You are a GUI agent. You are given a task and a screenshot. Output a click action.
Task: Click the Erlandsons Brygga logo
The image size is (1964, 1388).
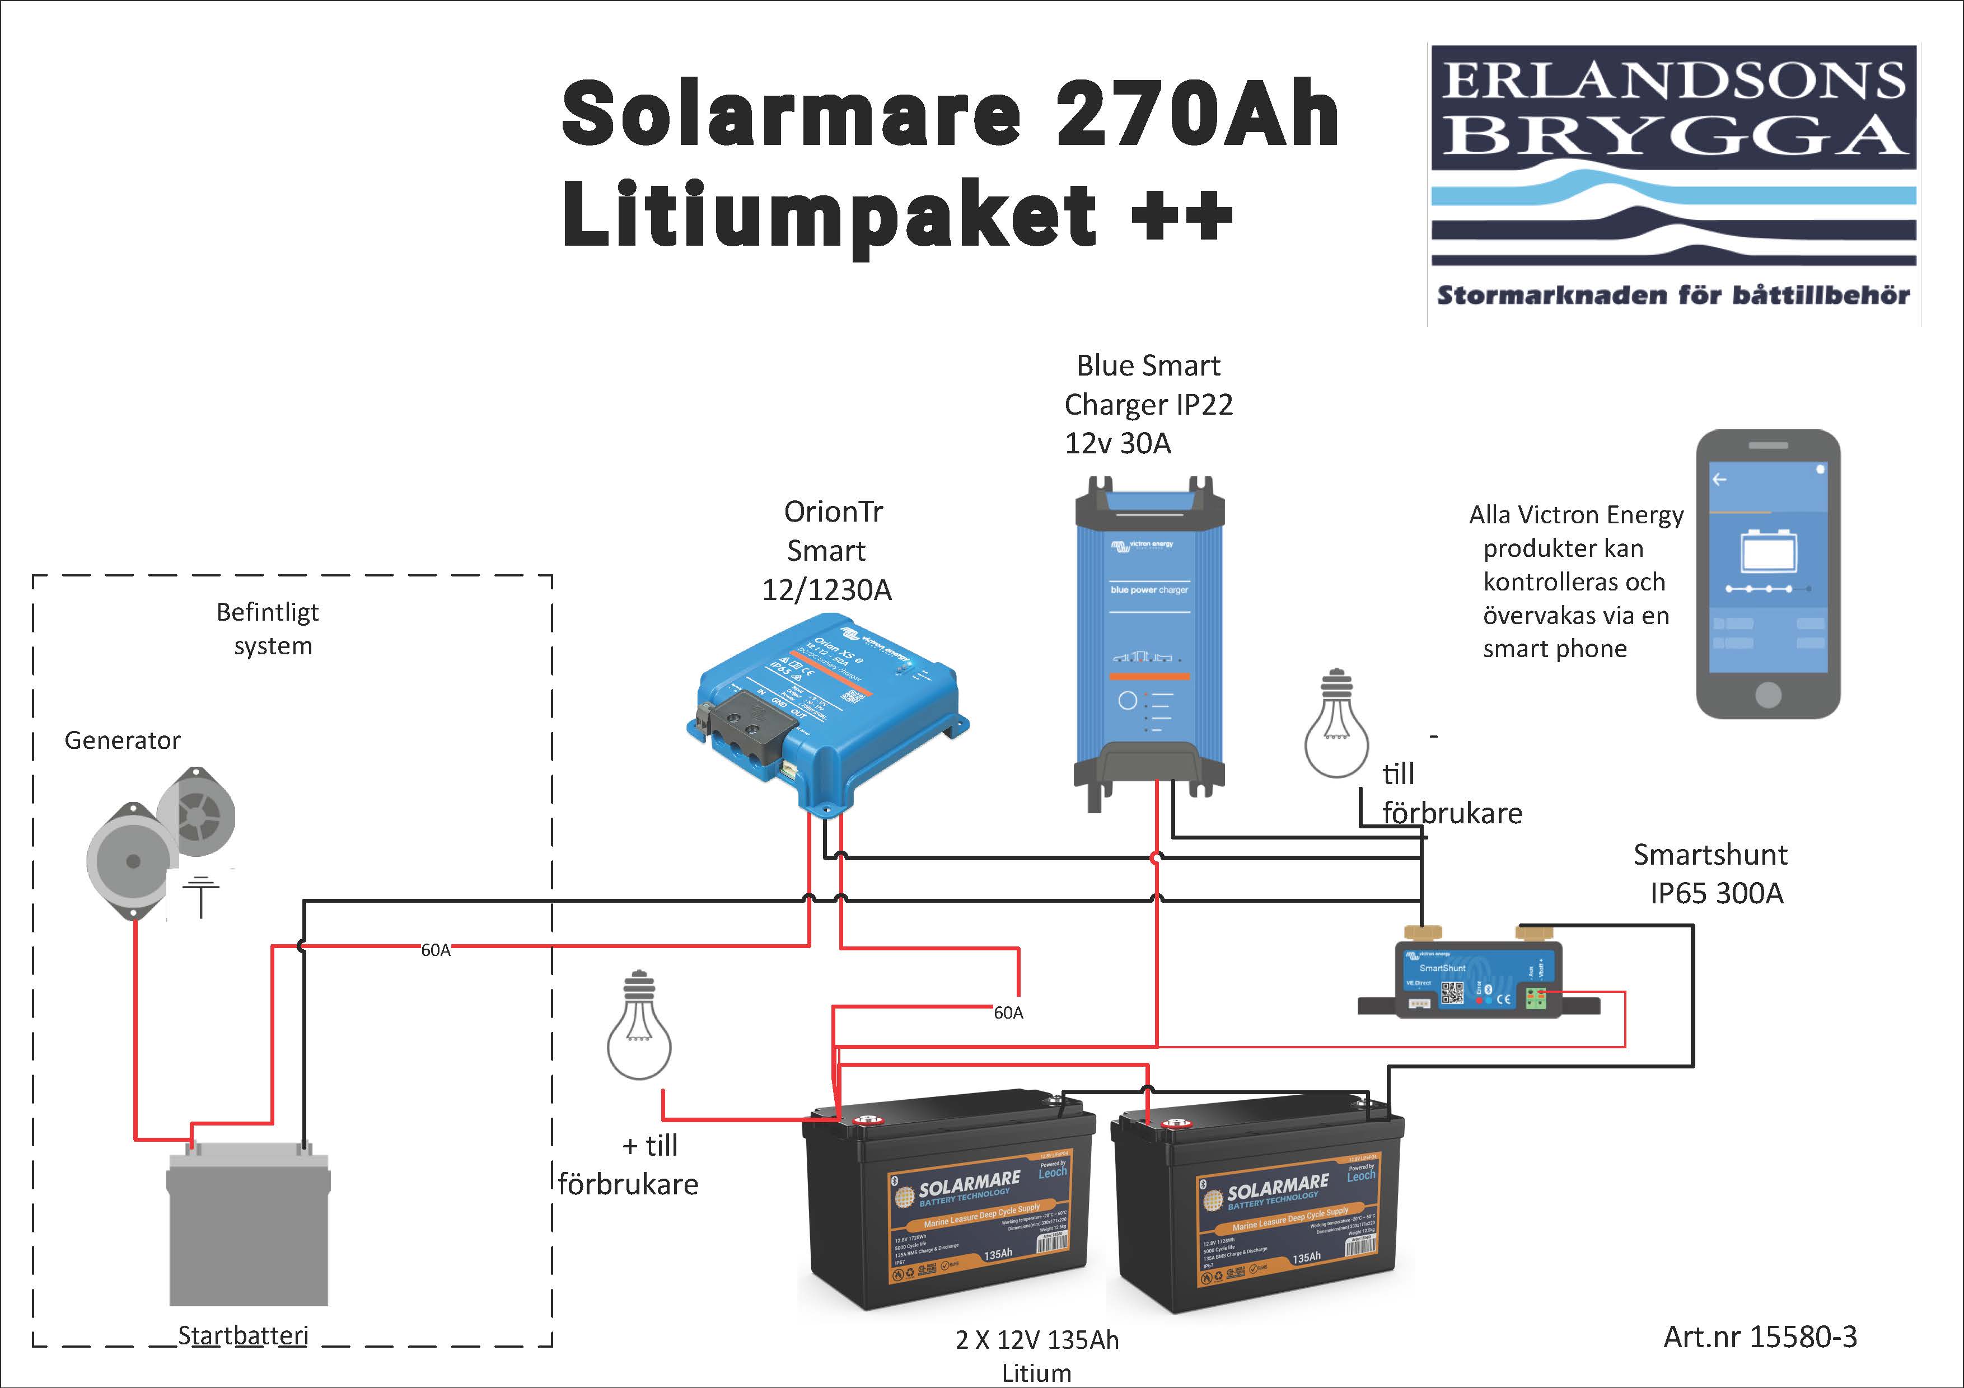1673,184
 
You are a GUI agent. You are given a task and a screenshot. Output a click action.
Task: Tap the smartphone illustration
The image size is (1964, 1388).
1767,573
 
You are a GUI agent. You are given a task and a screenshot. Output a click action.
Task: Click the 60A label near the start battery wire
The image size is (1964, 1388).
436,950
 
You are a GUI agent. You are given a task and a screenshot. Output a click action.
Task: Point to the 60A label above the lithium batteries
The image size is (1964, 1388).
1008,1012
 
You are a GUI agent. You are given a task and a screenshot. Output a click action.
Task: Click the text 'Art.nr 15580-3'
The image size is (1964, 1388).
1760,1336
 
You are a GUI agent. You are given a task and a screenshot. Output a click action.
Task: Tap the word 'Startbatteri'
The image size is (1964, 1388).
243,1335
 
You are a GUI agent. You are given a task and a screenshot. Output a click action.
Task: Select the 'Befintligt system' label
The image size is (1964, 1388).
269,629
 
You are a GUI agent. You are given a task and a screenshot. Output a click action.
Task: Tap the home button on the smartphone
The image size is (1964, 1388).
1767,695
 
